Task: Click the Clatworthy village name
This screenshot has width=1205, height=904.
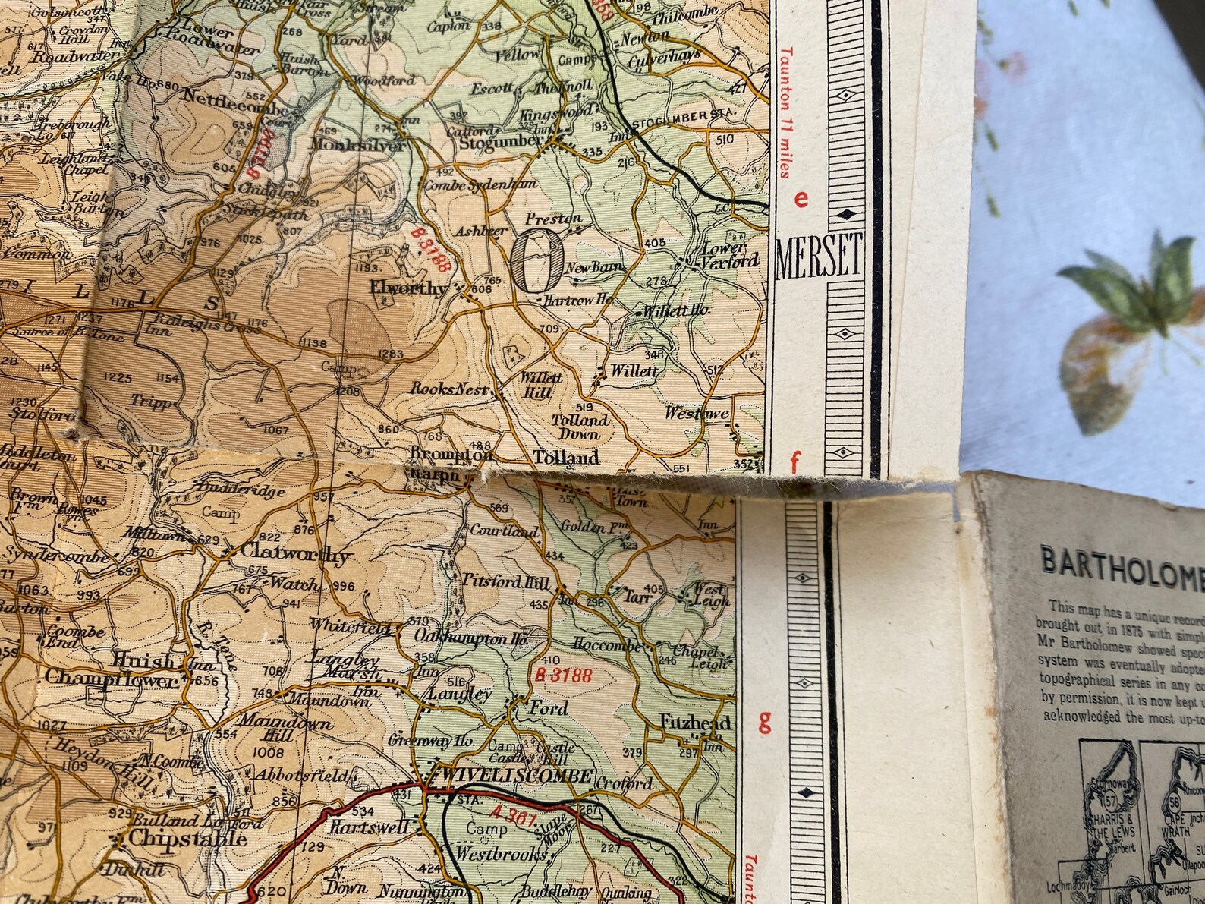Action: pos(294,556)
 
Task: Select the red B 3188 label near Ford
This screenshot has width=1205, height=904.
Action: pos(562,676)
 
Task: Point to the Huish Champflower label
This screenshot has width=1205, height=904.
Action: pos(114,668)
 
